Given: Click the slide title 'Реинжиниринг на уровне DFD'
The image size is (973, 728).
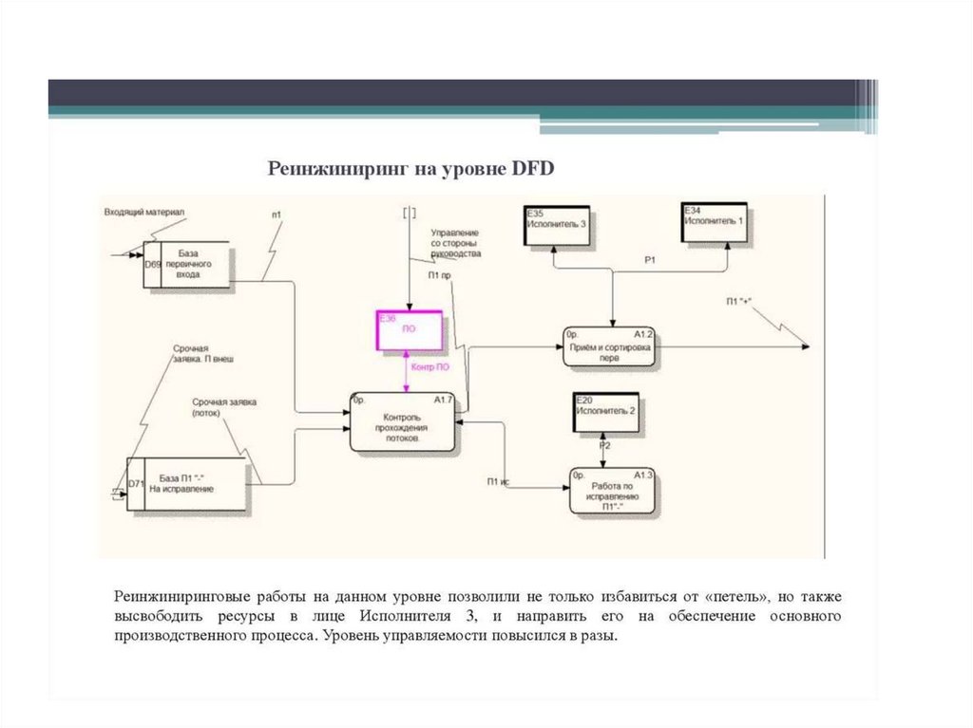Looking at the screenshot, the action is click(x=410, y=168).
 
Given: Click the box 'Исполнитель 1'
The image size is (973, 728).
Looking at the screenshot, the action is click(x=714, y=222).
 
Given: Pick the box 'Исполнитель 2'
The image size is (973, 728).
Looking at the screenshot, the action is click(x=605, y=415).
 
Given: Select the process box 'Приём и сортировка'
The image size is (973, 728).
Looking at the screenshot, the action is click(x=609, y=347).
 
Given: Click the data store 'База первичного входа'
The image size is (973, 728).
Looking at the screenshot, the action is click(x=187, y=264).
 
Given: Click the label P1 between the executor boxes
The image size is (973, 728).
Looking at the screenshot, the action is click(x=650, y=259).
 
